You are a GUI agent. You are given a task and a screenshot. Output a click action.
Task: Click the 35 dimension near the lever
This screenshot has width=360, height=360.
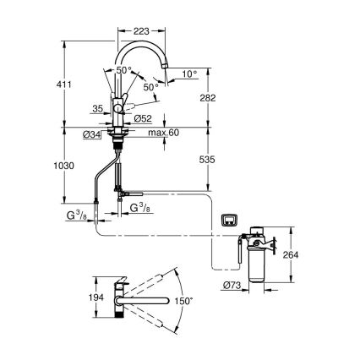point(97,109)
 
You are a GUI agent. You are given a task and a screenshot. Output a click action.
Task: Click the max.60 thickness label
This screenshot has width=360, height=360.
point(161,133)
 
